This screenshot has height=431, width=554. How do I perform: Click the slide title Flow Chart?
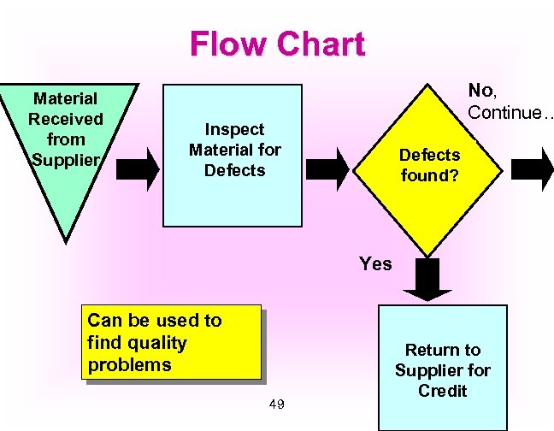click(x=277, y=44)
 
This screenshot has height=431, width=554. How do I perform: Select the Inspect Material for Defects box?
click(x=234, y=154)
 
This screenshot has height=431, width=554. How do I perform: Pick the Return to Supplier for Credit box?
click(x=442, y=370)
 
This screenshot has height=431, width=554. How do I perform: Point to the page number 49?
click(x=274, y=403)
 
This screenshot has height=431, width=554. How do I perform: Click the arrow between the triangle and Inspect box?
click(x=139, y=168)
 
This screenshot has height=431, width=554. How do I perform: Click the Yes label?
click(x=375, y=264)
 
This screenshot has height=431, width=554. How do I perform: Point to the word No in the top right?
click(x=480, y=91)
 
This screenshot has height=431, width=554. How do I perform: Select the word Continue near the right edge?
click(x=504, y=113)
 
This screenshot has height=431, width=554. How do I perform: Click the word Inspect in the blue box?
click(x=234, y=129)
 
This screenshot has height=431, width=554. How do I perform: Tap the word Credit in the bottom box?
click(x=442, y=391)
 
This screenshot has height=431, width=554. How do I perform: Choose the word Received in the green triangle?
click(x=66, y=119)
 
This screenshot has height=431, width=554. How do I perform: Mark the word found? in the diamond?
click(x=430, y=176)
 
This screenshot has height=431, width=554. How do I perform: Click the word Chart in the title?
click(x=325, y=44)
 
